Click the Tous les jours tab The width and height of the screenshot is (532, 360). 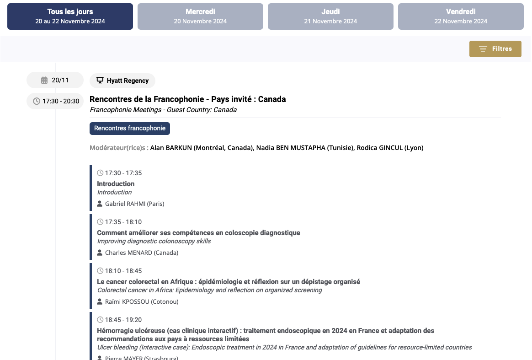tap(70, 16)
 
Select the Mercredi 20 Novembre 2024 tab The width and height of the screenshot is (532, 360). tap(200, 16)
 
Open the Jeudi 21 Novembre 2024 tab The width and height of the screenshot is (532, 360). tap(330, 16)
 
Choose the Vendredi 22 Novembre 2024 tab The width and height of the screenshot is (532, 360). tap(461, 16)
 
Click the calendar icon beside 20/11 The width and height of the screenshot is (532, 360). tap(44, 81)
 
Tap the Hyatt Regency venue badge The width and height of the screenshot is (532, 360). tap(122, 81)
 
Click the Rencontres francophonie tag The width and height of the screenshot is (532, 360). tap(130, 129)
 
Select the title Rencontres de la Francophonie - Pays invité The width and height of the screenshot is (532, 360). tap(187, 99)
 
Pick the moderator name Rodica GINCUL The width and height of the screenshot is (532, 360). tap(390, 148)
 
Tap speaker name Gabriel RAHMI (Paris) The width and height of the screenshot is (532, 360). tap(134, 204)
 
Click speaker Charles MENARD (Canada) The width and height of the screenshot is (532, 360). tap(141, 253)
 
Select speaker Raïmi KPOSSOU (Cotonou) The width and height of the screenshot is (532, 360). tap(142, 301)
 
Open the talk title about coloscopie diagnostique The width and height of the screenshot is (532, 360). tap(198, 233)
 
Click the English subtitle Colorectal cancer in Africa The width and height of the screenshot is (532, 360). tap(209, 290)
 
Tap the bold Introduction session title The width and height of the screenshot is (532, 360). tap(116, 184)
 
